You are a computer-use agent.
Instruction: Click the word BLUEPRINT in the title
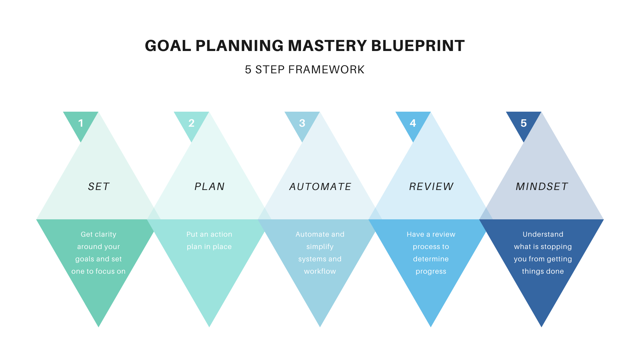point(418,46)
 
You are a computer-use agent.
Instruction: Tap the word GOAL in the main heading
point(168,46)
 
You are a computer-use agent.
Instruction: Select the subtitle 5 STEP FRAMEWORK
point(305,70)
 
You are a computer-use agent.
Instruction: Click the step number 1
point(81,123)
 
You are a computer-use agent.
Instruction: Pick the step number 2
point(191,123)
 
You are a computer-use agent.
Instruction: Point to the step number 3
point(302,123)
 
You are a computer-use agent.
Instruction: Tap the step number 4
point(413,123)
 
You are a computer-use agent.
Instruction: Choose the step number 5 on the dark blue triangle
point(524,123)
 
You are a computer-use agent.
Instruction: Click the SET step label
point(99,186)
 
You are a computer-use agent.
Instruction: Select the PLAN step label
point(209,186)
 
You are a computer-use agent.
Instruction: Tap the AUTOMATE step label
point(320,186)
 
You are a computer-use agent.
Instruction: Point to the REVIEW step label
point(431,186)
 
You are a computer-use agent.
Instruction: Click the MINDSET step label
point(542,186)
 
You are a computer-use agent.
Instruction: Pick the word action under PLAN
point(221,234)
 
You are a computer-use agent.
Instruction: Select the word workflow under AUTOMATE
point(320,271)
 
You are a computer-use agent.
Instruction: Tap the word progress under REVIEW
point(431,272)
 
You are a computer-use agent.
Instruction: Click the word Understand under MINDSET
point(543,234)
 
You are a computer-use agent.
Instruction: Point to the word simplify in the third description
point(320,247)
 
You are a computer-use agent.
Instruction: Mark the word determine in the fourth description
point(431,259)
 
